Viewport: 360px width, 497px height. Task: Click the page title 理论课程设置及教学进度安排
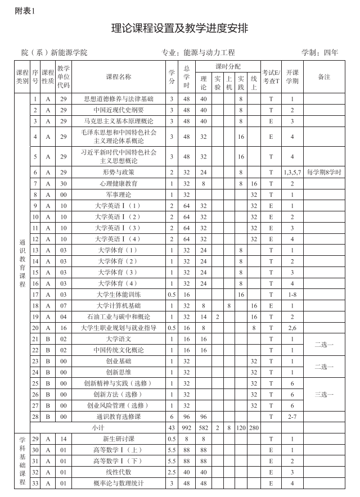[180, 29]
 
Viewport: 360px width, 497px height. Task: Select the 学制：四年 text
[320, 53]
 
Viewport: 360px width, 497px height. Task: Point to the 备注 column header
[324, 76]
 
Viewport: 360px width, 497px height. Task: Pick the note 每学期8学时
[324, 172]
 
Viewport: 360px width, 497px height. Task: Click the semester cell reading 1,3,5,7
[292, 172]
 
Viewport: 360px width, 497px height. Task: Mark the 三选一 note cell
[324, 395]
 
